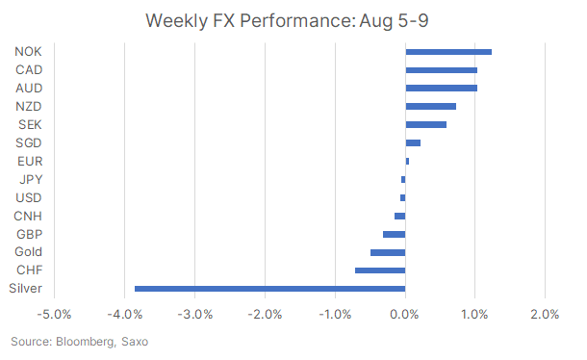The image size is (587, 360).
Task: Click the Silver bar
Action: pos(269,288)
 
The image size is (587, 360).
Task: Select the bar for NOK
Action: pos(448,52)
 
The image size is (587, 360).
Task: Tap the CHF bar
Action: pos(380,270)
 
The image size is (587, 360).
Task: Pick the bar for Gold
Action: pos(388,252)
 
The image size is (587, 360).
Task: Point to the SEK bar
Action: pos(425,124)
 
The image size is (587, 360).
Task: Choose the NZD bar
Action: pos(430,106)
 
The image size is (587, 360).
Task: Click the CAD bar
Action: pos(441,70)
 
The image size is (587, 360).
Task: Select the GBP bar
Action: pos(394,234)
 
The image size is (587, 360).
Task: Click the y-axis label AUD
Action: pos(29,88)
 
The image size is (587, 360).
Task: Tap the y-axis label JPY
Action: pos(30,179)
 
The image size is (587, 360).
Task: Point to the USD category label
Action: pos(29,197)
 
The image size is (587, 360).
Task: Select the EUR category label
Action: pos(30,161)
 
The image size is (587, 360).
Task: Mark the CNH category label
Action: pos(29,216)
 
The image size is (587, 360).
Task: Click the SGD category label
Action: pos(29,142)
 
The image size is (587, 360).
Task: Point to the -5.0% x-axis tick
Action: pos(54,315)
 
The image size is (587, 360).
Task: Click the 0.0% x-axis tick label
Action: pos(405,315)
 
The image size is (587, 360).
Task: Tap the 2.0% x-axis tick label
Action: pos(545,315)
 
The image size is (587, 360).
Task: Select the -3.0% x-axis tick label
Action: pos(194,315)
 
